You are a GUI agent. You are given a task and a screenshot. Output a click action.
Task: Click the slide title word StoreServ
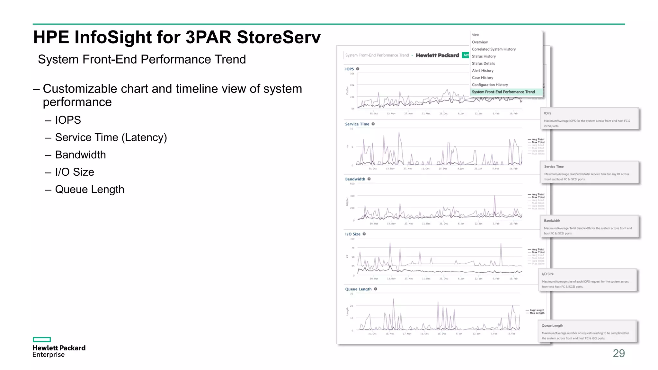279,37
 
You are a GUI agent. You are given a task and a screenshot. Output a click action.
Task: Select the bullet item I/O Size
75,172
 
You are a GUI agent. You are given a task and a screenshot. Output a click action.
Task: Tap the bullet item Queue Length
89,189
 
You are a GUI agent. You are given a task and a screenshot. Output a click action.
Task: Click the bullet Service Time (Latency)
111,137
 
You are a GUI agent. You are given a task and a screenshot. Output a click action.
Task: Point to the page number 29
618,353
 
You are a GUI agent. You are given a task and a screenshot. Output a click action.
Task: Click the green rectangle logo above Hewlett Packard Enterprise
42,339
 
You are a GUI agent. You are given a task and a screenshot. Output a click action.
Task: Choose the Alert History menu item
483,71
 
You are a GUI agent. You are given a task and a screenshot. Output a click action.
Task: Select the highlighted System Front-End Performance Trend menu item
503,92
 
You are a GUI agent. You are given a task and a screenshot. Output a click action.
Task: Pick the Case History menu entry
482,78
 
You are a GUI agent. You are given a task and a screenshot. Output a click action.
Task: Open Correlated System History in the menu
493,49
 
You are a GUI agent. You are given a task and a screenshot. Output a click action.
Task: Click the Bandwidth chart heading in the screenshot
355,179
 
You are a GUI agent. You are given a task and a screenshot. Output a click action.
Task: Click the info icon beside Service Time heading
373,124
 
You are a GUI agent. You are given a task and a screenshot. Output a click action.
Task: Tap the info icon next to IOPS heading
358,69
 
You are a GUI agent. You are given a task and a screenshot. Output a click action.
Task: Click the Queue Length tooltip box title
552,326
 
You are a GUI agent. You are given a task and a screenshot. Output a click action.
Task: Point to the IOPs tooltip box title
547,113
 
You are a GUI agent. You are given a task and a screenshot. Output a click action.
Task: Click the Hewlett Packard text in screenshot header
437,55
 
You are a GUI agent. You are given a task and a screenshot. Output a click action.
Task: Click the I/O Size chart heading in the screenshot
352,234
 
